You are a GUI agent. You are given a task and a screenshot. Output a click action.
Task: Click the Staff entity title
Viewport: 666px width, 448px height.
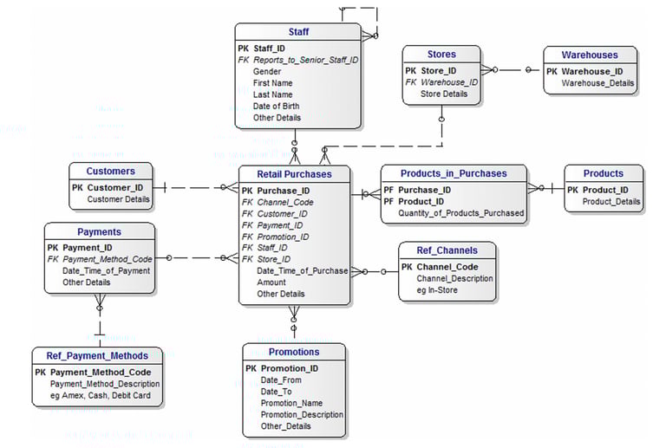(298, 32)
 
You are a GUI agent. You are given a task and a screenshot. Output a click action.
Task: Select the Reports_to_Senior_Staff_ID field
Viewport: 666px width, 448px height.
(305, 61)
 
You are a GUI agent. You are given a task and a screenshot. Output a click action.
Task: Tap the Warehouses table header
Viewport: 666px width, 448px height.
(590, 55)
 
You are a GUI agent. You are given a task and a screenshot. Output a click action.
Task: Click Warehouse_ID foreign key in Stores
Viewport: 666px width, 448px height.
(448, 82)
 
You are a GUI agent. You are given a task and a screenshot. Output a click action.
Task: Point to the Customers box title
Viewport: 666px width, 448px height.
(111, 171)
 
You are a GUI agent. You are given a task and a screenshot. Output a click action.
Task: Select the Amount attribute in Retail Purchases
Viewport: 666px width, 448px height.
(271, 282)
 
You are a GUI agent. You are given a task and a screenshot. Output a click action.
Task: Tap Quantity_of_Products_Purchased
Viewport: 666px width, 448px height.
(460, 213)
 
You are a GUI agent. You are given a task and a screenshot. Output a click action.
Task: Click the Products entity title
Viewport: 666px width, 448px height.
(603, 173)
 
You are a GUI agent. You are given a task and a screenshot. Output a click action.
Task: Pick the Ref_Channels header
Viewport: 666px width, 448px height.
(447, 250)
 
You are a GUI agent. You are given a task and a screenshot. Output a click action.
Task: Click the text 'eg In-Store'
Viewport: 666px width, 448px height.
(438, 290)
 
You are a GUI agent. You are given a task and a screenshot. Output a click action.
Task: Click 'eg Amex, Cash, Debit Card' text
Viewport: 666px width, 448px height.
(101, 396)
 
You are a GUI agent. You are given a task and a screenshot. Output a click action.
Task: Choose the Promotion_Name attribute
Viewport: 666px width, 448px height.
(291, 403)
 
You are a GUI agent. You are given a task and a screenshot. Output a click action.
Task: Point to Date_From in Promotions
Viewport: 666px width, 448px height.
(281, 380)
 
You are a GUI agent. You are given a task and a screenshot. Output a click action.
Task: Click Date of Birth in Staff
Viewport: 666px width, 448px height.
(277, 106)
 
